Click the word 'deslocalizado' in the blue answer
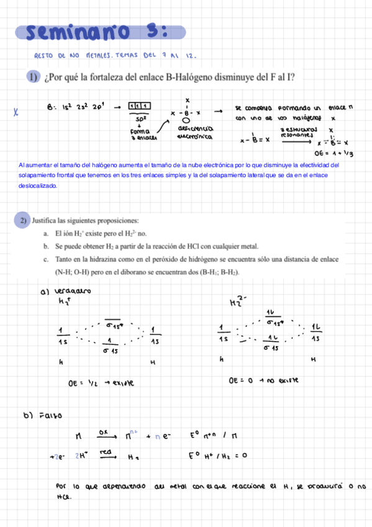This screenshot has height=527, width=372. click(38, 185)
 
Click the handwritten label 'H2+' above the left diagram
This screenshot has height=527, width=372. click(64, 302)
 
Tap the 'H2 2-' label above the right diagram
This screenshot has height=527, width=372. click(237, 302)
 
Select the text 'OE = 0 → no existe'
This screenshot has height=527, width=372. click(264, 378)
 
